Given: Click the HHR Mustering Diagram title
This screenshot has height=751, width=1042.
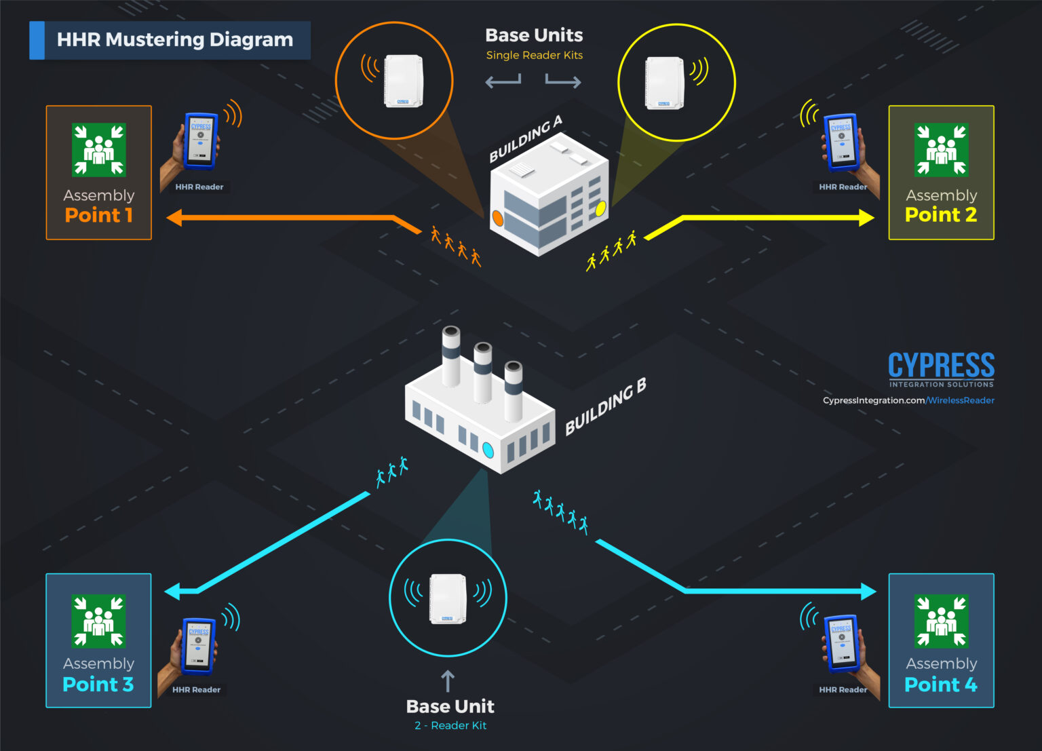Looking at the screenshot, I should pyautogui.click(x=174, y=40).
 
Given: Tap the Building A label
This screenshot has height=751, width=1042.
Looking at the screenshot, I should pyautogui.click(x=526, y=139).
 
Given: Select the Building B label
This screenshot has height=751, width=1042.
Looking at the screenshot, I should pyautogui.click(x=605, y=406).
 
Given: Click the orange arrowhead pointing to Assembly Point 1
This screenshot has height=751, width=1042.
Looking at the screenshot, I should pyautogui.click(x=174, y=218).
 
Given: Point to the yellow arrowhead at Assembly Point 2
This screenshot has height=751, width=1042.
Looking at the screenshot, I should pyautogui.click(x=866, y=218).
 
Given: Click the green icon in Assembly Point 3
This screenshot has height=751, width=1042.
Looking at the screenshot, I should pyautogui.click(x=99, y=621).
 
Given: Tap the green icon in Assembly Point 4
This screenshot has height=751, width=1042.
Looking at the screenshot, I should pyautogui.click(x=942, y=621).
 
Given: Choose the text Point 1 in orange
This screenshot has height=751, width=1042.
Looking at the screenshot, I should pyautogui.click(x=99, y=215).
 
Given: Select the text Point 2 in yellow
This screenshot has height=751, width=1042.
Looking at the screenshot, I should pyautogui.click(x=941, y=215).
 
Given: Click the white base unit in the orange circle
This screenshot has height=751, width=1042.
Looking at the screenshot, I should pyautogui.click(x=404, y=81).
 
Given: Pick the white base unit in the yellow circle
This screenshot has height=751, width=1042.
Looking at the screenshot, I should pyautogui.click(x=664, y=83).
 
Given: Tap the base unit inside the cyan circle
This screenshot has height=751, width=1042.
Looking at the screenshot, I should pyautogui.click(x=448, y=598).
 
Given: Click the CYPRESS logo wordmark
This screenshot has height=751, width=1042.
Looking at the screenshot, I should pyautogui.click(x=941, y=366).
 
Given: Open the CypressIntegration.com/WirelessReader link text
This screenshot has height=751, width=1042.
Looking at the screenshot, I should pyautogui.click(x=908, y=400).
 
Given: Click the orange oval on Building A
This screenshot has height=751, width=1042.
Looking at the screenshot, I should pyautogui.click(x=497, y=218).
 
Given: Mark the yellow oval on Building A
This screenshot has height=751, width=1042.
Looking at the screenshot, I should pyautogui.click(x=600, y=209).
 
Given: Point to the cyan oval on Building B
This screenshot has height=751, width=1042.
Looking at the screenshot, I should pyautogui.click(x=488, y=450).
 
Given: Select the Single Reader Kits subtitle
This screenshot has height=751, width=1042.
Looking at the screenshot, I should pyautogui.click(x=535, y=56).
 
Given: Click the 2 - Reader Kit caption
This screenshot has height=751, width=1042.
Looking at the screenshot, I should pyautogui.click(x=450, y=725).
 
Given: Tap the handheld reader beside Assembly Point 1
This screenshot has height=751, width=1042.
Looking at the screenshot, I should pyautogui.click(x=201, y=140).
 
